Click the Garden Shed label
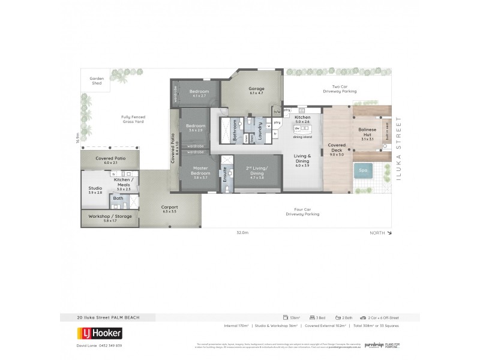click(x=97, y=80)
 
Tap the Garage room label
click(x=256, y=91)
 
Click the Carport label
click(x=170, y=209)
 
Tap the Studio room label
click(x=95, y=190)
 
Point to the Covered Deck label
click(x=337, y=147)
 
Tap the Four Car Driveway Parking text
click(x=302, y=212)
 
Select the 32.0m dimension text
click(x=242, y=232)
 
